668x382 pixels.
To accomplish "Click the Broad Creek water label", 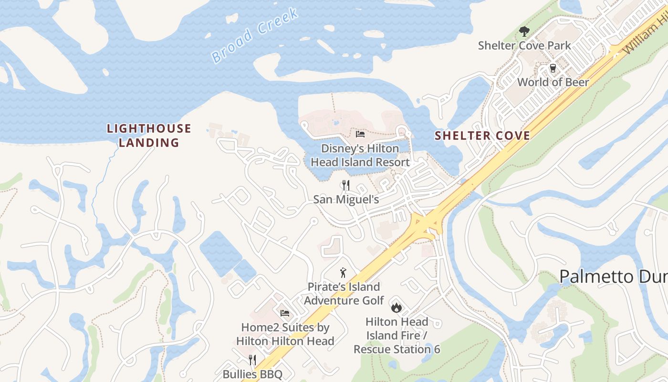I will click(x=255, y=35).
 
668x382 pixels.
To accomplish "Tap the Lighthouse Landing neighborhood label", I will click(x=149, y=135).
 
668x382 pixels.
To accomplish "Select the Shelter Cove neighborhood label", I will click(x=482, y=136).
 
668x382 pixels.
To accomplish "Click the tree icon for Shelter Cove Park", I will click(x=524, y=32).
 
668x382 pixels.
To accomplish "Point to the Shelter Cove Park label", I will click(x=524, y=46).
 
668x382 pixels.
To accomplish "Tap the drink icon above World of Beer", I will click(x=553, y=68).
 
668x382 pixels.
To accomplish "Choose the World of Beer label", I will click(x=553, y=82).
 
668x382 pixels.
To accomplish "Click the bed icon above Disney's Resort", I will click(x=360, y=134).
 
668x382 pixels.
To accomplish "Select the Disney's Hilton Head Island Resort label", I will click(x=360, y=155).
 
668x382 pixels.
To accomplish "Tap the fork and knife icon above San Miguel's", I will click(x=346, y=185).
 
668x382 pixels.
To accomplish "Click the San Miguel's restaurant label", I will click(x=346, y=199).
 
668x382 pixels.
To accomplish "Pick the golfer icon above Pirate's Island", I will click(x=343, y=273).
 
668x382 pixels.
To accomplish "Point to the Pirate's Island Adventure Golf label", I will click(x=344, y=294).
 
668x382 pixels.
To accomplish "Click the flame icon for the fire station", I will click(x=397, y=307).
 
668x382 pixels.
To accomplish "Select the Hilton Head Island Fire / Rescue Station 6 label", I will click(x=397, y=335).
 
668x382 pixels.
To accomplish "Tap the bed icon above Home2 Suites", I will click(x=285, y=313).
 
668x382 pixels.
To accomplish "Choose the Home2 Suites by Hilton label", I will click(x=285, y=334).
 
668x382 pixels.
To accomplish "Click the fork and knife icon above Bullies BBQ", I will click(x=252, y=360).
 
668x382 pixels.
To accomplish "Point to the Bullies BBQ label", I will click(x=252, y=374).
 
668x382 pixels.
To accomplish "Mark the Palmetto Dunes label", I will click(x=613, y=276).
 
